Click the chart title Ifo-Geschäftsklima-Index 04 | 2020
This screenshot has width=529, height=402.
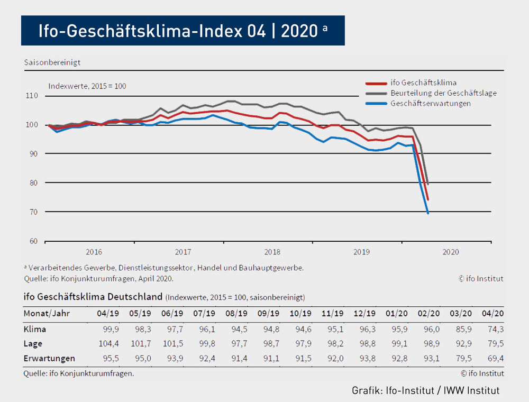[x=183, y=31]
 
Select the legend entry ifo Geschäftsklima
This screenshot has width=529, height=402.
[x=423, y=83]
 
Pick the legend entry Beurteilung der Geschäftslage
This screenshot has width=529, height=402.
[x=443, y=93]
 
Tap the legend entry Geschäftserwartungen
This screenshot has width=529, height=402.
[x=431, y=103]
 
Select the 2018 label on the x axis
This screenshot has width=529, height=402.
[x=272, y=252]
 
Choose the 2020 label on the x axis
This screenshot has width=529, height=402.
[x=451, y=252]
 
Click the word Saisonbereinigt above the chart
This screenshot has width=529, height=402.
[x=52, y=62]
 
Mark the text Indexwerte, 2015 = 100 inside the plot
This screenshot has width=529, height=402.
[x=87, y=86]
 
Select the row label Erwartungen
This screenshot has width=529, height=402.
[x=49, y=358]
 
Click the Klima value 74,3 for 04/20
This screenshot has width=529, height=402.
[x=495, y=329]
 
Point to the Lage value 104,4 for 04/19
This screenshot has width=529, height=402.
[x=108, y=344]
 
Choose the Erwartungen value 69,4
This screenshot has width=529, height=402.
[x=495, y=358]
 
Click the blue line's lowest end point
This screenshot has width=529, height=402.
[x=427, y=213]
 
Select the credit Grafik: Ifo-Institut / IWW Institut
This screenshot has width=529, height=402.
[x=426, y=391]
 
